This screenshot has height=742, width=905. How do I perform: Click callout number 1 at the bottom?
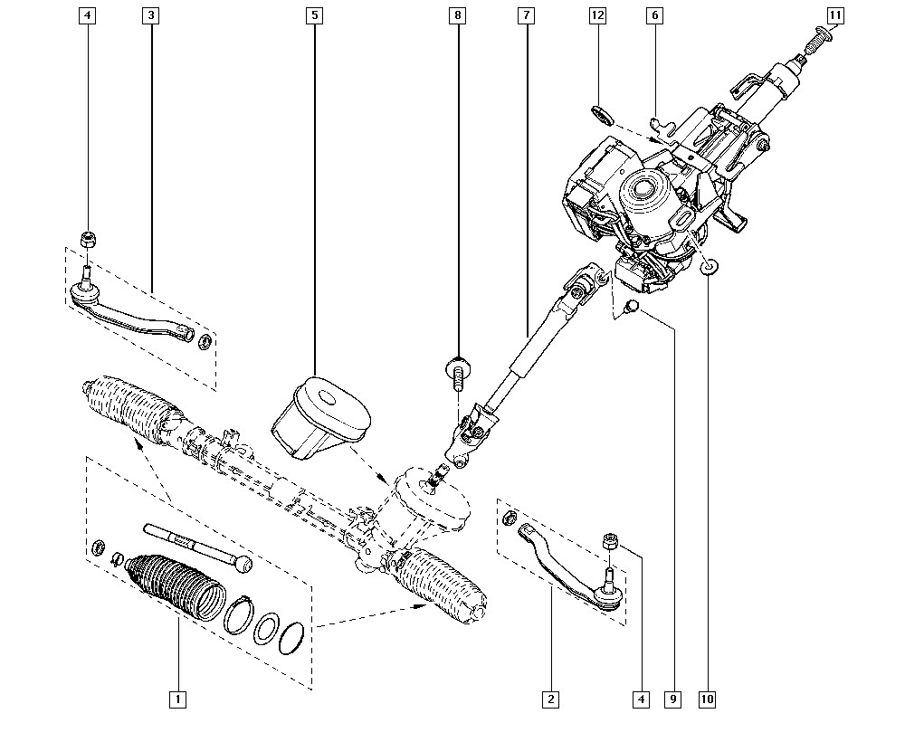pyautogui.click(x=177, y=699)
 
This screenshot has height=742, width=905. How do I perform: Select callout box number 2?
pyautogui.click(x=550, y=699)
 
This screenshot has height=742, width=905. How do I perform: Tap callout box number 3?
pyautogui.click(x=150, y=15)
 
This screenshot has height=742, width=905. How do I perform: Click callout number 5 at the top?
pyautogui.click(x=315, y=15)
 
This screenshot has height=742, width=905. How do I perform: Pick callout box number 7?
pyautogui.click(x=527, y=15)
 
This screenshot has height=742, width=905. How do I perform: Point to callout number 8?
pyautogui.click(x=458, y=15)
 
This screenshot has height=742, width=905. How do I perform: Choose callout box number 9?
pyautogui.click(x=673, y=699)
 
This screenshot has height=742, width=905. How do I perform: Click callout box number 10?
pyautogui.click(x=707, y=699)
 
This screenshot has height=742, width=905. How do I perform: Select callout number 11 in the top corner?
pyautogui.click(x=835, y=15)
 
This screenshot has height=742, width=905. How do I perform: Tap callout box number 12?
pyautogui.click(x=597, y=15)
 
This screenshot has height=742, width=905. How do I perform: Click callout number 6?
pyautogui.click(x=654, y=15)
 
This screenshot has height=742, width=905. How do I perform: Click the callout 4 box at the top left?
pyautogui.click(x=87, y=15)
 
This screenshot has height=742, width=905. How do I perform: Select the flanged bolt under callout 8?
pyautogui.click(x=457, y=374)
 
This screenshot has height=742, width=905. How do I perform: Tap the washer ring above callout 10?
pyautogui.click(x=709, y=267)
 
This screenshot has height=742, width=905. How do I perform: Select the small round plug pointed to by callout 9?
pyautogui.click(x=633, y=305)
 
